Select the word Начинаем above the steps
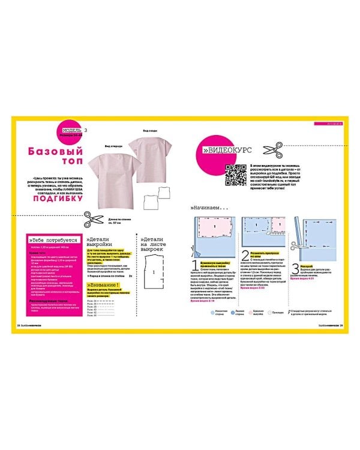pos(208,208)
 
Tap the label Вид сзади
pos(150,130)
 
